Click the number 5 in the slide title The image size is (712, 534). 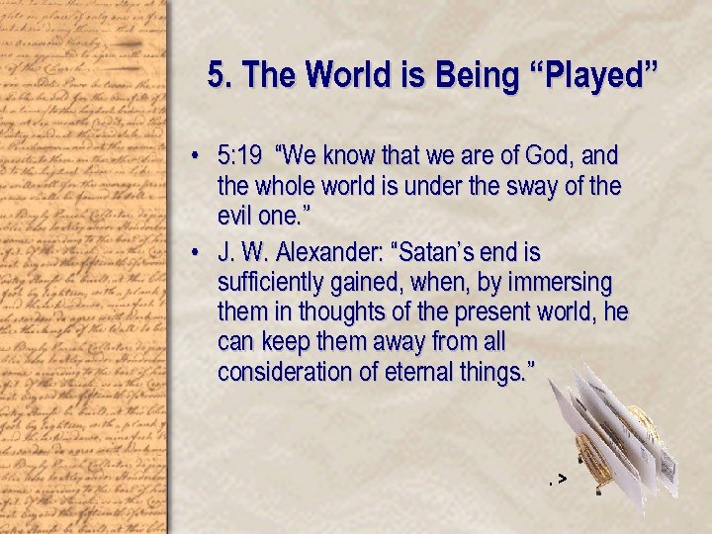216,75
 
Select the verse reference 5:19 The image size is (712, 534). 240,156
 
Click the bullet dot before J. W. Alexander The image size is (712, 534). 198,252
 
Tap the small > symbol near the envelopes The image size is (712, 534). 562,480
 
